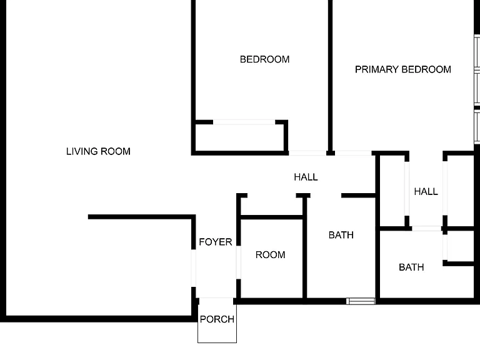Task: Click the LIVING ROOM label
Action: [x=98, y=151]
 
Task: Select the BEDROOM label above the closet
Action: [x=264, y=59]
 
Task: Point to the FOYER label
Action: [x=216, y=242]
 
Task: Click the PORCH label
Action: [x=217, y=319]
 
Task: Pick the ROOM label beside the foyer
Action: [x=270, y=255]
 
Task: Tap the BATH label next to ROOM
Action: [x=341, y=235]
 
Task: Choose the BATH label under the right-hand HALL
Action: [x=411, y=267]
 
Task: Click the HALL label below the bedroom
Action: [x=306, y=177]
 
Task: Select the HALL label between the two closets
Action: [x=426, y=192]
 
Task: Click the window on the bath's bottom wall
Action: [x=361, y=301]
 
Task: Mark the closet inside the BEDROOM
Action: [x=240, y=137]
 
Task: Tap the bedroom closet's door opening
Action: [x=244, y=122]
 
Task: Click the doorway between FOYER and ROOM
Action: [x=239, y=262]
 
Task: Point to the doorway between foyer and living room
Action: [x=194, y=268]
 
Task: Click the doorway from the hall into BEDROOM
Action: [x=307, y=153]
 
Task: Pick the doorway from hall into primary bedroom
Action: [x=353, y=153]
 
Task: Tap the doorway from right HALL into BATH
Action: [x=426, y=228]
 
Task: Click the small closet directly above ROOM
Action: [x=272, y=206]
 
